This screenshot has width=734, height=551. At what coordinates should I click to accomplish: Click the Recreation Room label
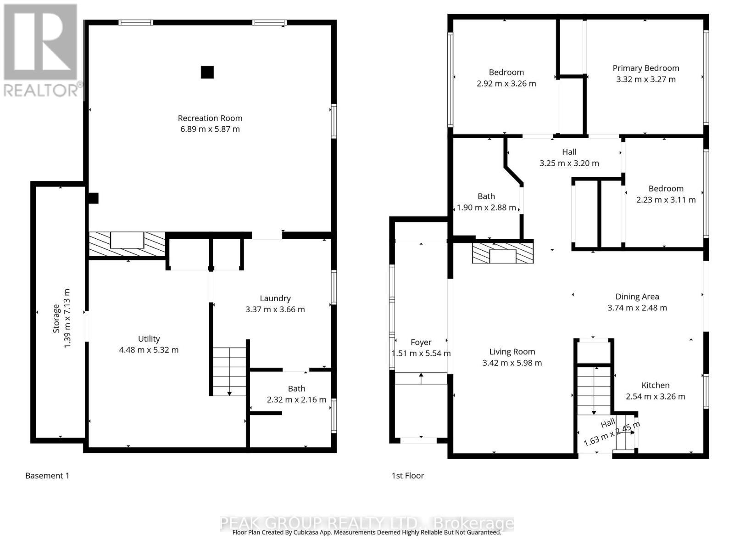pos(210,118)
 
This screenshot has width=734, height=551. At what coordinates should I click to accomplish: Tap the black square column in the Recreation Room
pos(207,72)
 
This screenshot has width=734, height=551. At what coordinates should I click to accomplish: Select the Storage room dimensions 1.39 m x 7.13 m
pos(67,319)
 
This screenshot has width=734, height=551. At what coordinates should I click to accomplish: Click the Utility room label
pos(149,339)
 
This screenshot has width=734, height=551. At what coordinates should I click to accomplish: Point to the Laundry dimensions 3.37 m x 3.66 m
pos(275,309)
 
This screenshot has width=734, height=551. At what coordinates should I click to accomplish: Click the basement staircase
pos(229,371)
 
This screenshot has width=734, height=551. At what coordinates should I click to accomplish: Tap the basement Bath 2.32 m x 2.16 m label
pos(297,394)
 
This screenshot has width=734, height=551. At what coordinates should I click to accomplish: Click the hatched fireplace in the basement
pos(127,245)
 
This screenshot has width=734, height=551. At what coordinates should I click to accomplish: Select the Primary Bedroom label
pos(646,68)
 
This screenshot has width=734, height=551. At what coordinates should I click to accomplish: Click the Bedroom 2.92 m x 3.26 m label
pos(506,78)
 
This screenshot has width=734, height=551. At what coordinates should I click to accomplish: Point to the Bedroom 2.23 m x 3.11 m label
pos(666,194)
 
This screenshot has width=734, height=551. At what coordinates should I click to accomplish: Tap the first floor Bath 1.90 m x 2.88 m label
pos(486,202)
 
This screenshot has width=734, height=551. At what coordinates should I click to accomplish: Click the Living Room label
pos(512,352)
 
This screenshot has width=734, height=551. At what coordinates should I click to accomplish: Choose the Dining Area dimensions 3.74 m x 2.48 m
pos(637,308)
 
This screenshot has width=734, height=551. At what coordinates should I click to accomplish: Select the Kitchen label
pos(656,385)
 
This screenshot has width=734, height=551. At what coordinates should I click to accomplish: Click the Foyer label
pos(421,343)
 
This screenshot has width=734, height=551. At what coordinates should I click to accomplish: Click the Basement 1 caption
pos(47,476)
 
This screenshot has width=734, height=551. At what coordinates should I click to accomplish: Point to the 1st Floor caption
pos(408,476)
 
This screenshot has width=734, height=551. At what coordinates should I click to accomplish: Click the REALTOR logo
pos(42,50)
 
